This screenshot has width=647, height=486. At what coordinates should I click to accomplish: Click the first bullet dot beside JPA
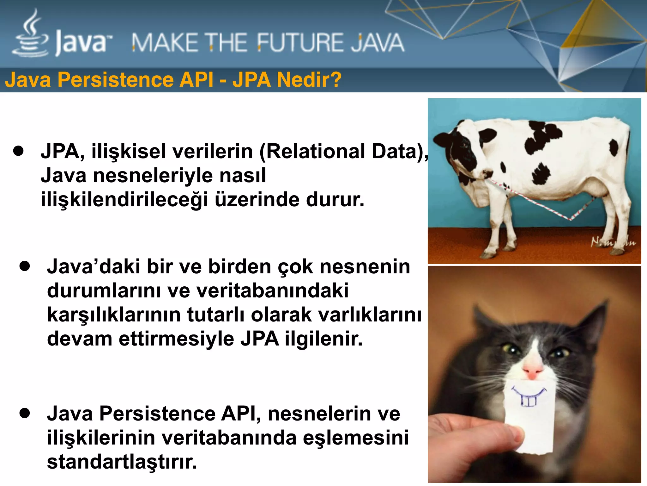[x=19, y=151]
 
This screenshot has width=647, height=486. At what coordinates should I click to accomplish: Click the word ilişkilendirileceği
[x=124, y=200]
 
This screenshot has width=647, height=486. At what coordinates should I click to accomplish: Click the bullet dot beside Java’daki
[x=24, y=266]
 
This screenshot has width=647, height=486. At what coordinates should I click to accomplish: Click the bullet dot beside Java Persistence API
[x=24, y=413]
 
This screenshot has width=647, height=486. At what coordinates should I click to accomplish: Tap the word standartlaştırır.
[x=122, y=462]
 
